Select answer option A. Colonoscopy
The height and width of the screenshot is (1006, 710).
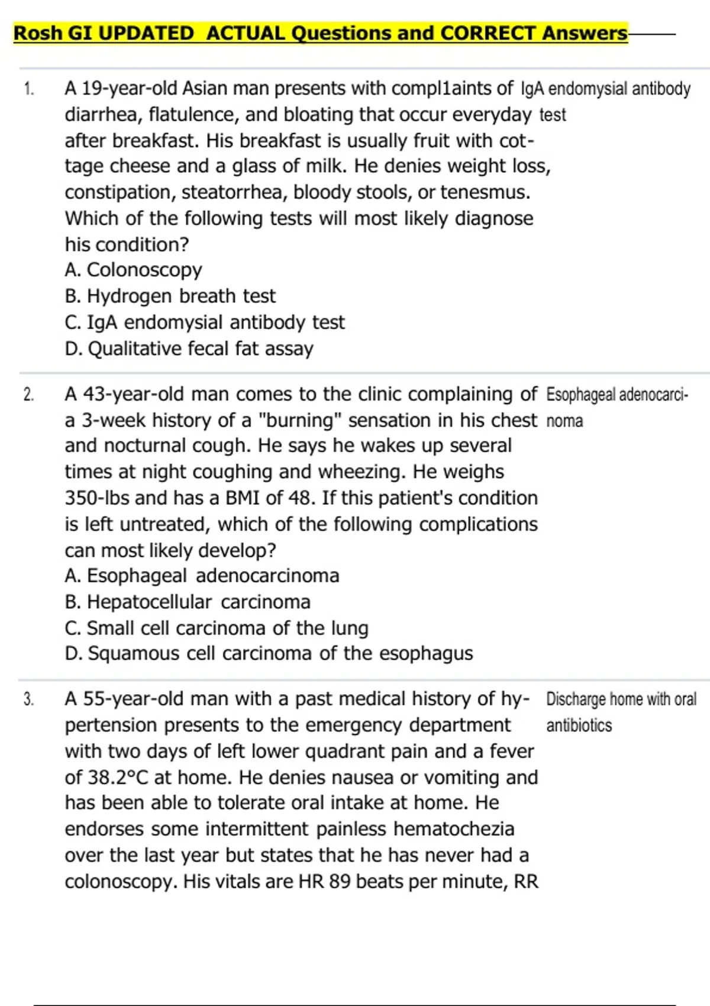133,270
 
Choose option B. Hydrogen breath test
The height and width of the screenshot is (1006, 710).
170,296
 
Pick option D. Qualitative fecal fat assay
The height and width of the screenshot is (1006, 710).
189,349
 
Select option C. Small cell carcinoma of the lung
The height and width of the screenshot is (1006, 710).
217,628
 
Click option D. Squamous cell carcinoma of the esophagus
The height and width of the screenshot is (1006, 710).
269,653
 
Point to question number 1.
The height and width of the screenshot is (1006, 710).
29,89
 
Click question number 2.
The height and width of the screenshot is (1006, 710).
29,395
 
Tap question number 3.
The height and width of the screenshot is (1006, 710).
29,699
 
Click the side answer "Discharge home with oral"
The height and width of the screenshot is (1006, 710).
621,699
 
